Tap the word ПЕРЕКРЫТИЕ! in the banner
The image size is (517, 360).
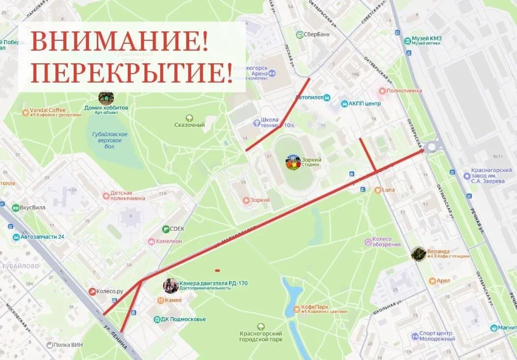(x=132, y=73)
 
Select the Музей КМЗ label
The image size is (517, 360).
(x=426, y=39)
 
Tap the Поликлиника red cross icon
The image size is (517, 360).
(x=382, y=91)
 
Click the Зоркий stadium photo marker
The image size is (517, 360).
(x=293, y=163)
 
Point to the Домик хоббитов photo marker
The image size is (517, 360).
(x=106, y=97)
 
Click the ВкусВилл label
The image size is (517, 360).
(x=32, y=207)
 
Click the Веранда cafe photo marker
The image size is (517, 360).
(x=418, y=253)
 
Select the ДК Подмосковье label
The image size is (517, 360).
(x=183, y=319)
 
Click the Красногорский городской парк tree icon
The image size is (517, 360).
(x=260, y=326)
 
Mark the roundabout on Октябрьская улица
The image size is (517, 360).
(x=432, y=146)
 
